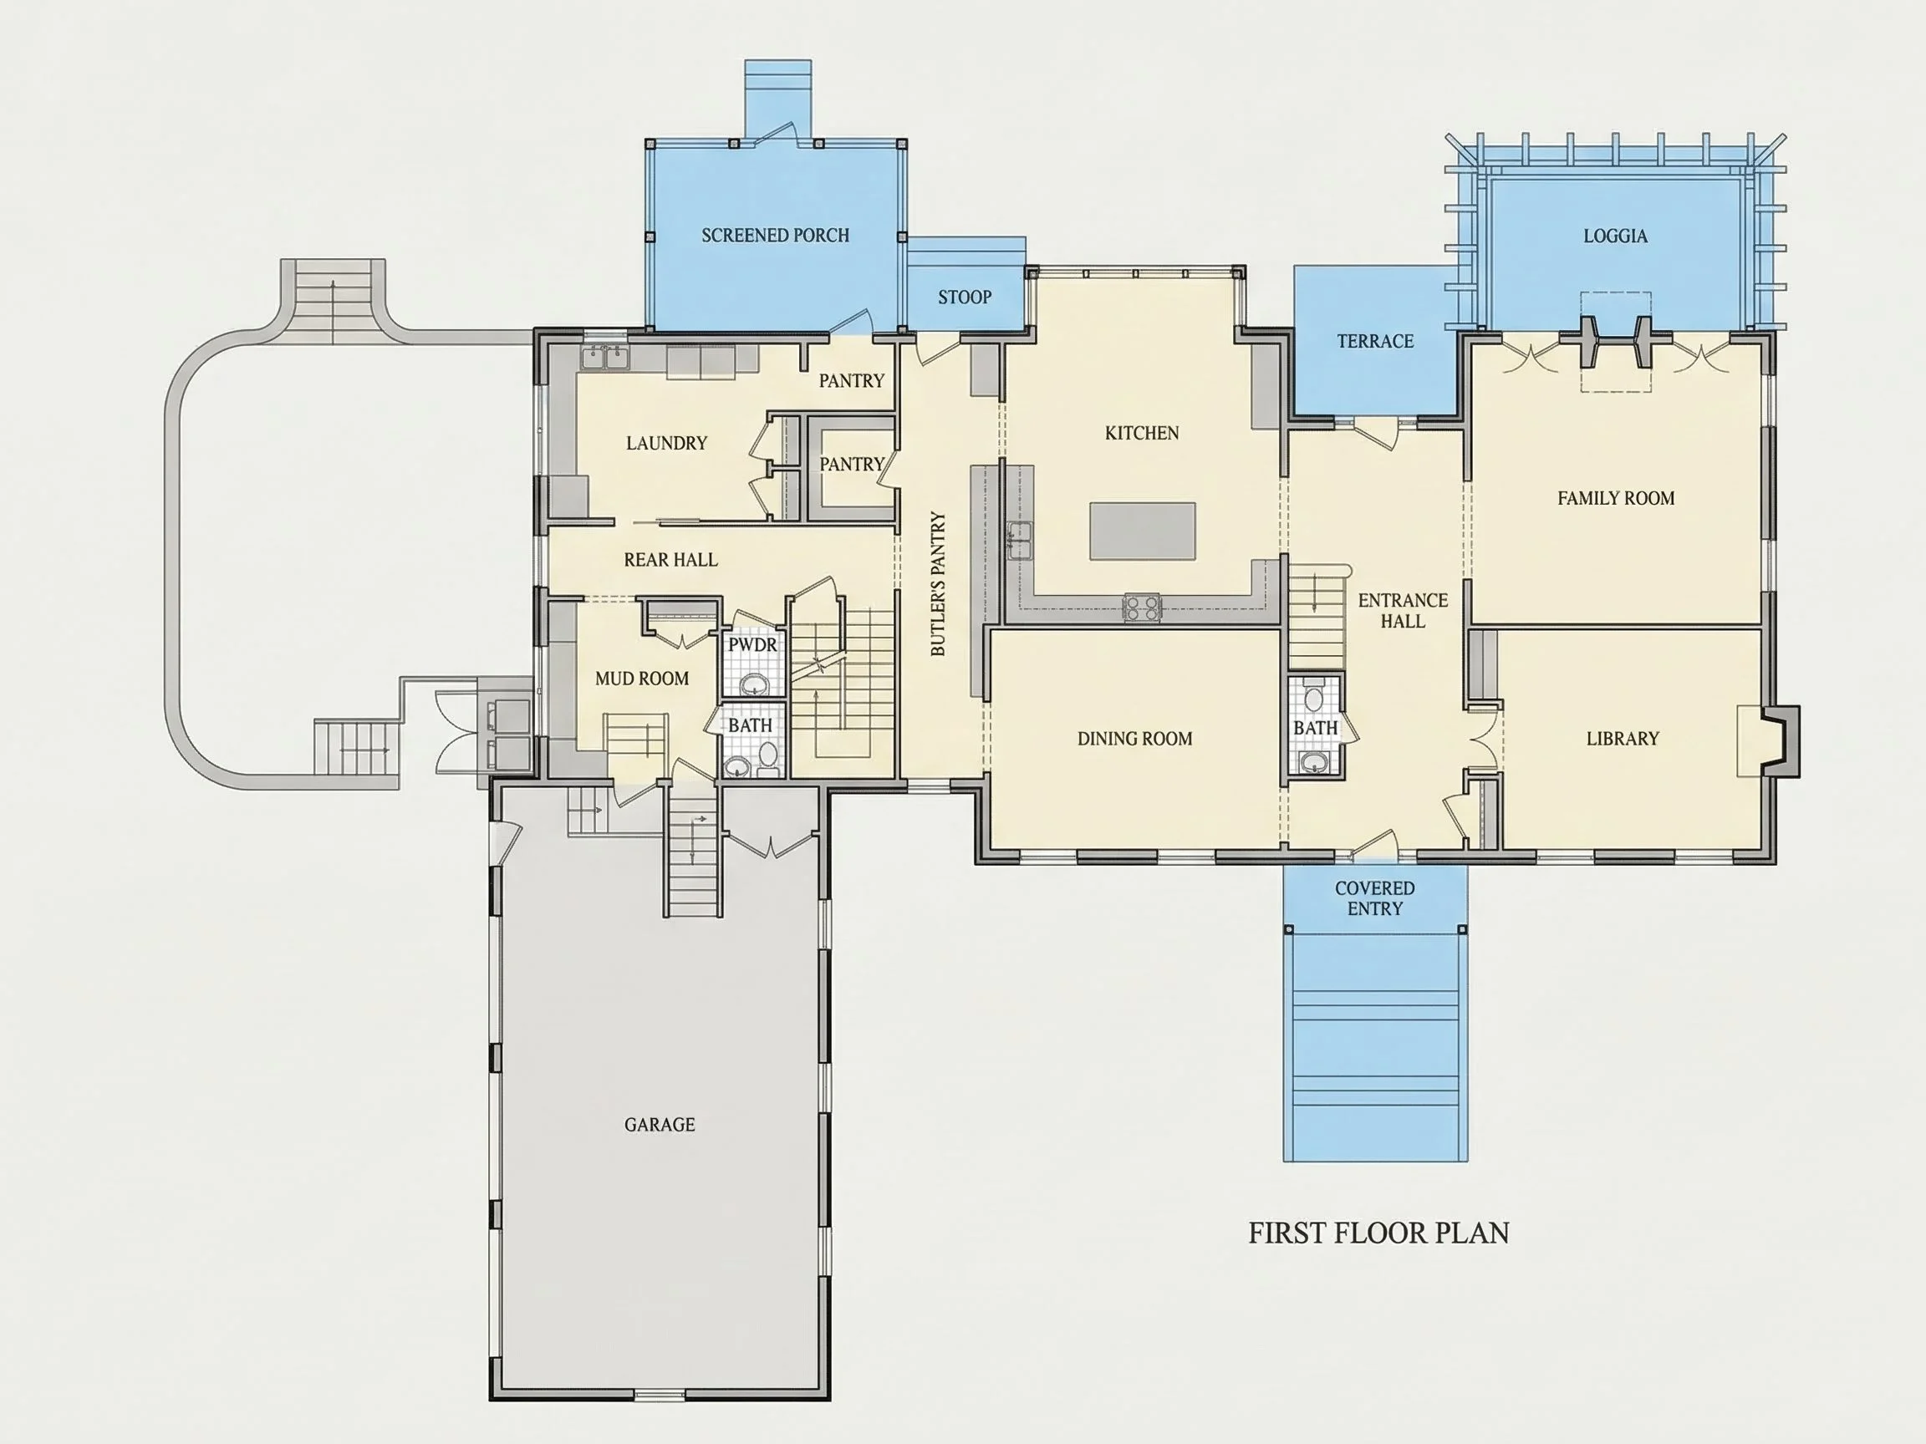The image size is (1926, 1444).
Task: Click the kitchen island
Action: click(1143, 531)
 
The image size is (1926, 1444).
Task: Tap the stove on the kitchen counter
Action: click(1143, 607)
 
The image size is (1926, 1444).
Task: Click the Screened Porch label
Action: click(775, 235)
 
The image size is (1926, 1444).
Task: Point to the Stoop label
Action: click(965, 297)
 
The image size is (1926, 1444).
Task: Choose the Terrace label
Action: click(1376, 341)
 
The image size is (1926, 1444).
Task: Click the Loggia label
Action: click(1615, 236)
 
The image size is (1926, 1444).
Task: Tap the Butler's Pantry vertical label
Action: click(938, 583)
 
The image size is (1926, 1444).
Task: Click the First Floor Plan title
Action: click(1378, 1233)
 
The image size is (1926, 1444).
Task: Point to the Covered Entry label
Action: click(1375, 898)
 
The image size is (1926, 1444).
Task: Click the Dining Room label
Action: click(1134, 739)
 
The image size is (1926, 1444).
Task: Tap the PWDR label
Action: click(752, 645)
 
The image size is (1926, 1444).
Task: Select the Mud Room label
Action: click(642, 679)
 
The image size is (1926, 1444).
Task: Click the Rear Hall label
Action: click(670, 560)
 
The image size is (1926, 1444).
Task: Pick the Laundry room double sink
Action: click(605, 357)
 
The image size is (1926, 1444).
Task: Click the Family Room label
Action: click(1616, 499)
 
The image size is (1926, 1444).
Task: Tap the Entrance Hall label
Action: click(1403, 610)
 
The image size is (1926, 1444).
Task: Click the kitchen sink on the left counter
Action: click(1019, 541)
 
